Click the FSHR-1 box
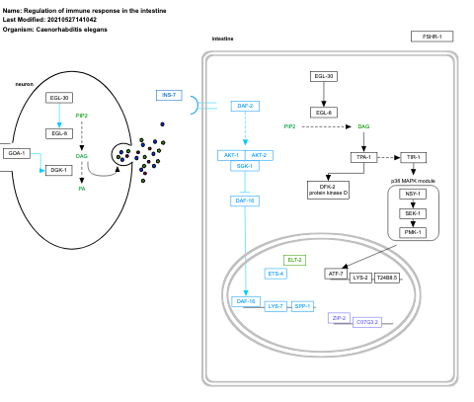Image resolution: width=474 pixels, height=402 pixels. pos(432,37)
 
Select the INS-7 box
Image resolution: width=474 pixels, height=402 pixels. pos(169,95)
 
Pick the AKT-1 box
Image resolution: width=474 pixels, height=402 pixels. pos(231,155)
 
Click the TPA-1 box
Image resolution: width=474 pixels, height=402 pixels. pos(362,157)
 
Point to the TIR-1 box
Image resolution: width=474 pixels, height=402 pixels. pos(413,157)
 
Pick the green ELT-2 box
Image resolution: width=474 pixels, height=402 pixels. pos(295,260)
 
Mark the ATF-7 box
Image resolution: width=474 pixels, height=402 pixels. pos(336,273)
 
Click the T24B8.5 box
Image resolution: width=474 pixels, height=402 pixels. pos(388,278)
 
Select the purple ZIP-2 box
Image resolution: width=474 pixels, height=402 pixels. pos(339,318)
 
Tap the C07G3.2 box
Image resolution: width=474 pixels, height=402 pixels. pos(367,322)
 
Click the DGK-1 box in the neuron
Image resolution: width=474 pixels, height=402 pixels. pos(58,170)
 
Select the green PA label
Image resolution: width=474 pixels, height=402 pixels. pos(82,188)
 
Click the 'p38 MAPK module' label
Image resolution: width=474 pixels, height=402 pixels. pos(413,180)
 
